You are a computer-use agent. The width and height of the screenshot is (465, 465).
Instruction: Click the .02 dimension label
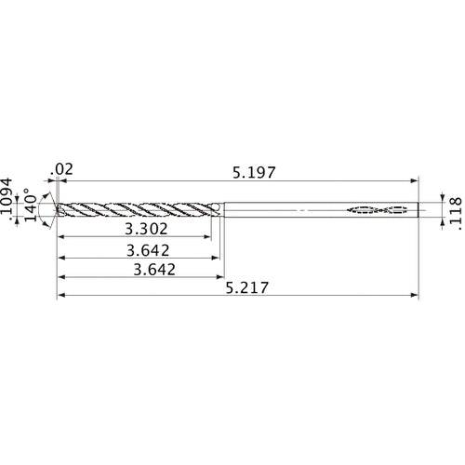(63, 168)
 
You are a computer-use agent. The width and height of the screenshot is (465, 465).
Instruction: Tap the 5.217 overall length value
(246, 288)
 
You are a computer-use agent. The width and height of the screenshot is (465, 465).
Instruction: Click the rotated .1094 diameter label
(9, 201)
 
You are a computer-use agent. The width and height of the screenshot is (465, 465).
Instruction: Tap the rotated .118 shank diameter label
(454, 211)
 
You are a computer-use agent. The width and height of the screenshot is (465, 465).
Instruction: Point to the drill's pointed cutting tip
(58, 209)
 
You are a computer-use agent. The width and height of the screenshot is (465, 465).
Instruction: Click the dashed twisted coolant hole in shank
(378, 209)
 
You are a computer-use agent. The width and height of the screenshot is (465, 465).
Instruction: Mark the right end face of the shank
(418, 209)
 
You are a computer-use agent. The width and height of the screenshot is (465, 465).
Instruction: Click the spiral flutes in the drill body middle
(139, 209)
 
